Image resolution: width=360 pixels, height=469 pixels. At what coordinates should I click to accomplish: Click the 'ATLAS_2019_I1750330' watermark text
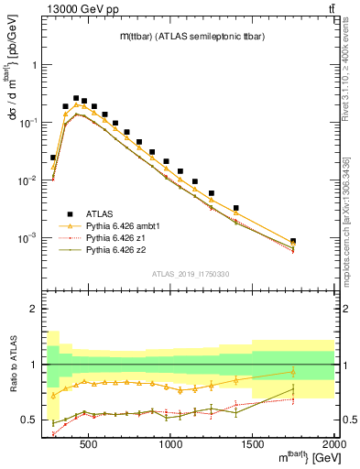[x=190, y=274]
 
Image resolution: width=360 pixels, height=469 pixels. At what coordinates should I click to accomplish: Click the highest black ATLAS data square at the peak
[x=76, y=98]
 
